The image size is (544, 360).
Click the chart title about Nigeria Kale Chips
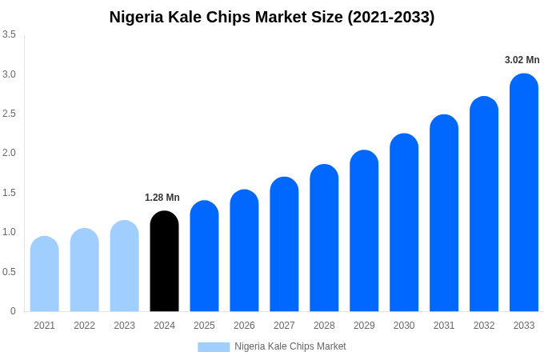(272, 17)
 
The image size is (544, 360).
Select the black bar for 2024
(164, 262)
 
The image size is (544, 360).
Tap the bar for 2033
(524, 193)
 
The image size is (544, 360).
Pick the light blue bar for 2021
(45, 274)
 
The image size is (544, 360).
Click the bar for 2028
(324, 238)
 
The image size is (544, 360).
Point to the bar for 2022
(85, 270)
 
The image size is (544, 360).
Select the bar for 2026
(244, 250)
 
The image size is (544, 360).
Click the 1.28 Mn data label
(162, 198)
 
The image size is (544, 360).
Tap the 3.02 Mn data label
(522, 60)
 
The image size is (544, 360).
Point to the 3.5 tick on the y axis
(9, 34)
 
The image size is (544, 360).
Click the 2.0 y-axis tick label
(9, 153)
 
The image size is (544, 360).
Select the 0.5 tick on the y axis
(9, 272)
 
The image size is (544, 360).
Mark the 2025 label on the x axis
(204, 326)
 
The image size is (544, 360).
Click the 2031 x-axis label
(444, 326)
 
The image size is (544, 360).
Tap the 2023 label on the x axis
(124, 326)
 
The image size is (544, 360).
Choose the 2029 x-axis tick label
(364, 326)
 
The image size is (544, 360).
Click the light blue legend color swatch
(214, 347)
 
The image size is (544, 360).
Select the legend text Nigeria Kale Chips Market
(290, 346)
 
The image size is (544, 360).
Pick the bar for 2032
(484, 204)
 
